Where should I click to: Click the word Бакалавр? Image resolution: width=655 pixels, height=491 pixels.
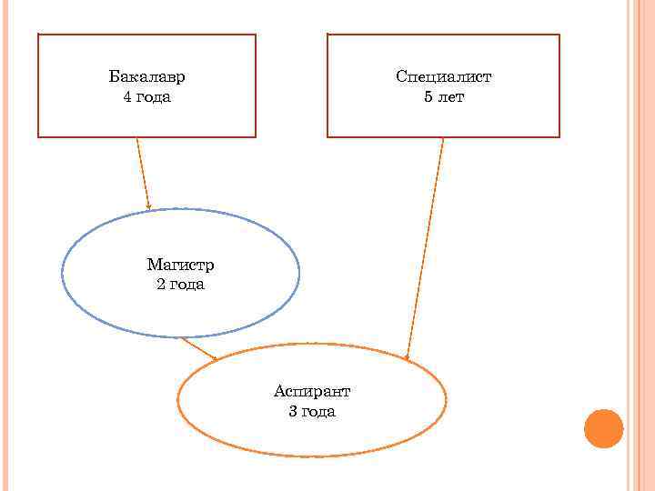(x=146, y=77)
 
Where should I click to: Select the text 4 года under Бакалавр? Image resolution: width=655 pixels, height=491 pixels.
(x=146, y=96)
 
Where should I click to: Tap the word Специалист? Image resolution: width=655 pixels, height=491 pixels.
(x=443, y=77)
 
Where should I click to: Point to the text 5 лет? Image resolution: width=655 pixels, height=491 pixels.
(x=443, y=96)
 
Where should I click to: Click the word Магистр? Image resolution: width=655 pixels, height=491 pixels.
(x=180, y=266)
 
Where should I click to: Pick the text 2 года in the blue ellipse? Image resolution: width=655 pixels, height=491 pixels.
(x=180, y=285)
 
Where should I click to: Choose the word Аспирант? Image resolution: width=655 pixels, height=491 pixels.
(x=312, y=391)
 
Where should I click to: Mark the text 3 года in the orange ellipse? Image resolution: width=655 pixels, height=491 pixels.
(x=312, y=411)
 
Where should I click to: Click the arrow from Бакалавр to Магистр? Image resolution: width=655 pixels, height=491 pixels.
(x=143, y=173)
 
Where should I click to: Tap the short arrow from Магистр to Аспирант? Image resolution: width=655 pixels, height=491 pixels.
(x=198, y=349)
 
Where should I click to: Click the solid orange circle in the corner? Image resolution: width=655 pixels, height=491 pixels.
(x=603, y=428)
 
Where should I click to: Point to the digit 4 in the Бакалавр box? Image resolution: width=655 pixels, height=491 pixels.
(x=127, y=96)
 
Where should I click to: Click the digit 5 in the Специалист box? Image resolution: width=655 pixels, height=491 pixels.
(x=428, y=96)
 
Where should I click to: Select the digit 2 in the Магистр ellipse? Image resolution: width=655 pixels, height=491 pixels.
(x=161, y=285)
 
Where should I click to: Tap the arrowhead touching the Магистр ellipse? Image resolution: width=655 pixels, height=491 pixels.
(x=148, y=205)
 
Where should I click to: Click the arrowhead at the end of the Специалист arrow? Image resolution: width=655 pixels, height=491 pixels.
(x=408, y=356)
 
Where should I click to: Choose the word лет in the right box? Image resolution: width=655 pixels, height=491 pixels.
(x=450, y=96)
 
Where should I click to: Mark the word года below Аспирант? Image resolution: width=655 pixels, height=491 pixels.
(x=319, y=411)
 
